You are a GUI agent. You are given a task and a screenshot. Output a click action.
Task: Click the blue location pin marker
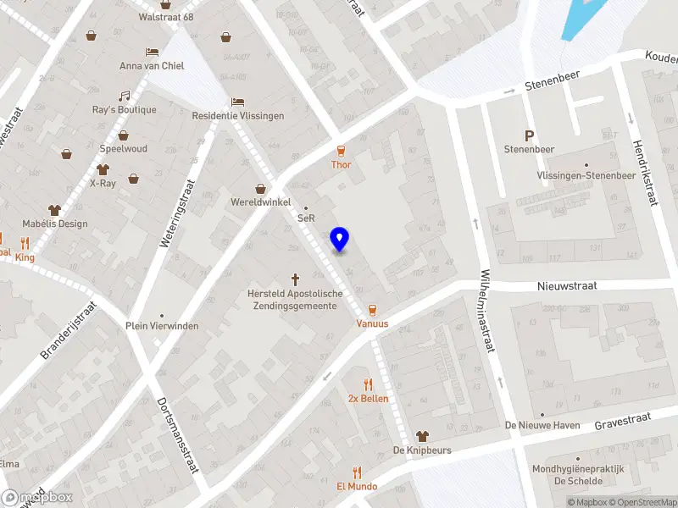point(339,239)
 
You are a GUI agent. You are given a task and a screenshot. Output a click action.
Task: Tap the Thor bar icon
point(341,151)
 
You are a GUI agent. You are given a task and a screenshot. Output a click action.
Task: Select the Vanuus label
point(372,323)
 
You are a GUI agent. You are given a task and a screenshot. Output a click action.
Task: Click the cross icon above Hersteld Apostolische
point(296,278)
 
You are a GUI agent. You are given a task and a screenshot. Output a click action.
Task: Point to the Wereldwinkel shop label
point(261,202)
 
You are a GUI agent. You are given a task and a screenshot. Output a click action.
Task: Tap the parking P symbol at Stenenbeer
point(530,135)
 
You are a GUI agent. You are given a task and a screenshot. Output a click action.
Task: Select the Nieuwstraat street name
point(567,286)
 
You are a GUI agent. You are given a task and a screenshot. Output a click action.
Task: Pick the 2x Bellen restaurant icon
point(368,384)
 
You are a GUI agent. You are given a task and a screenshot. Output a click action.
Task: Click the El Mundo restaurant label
point(357,487)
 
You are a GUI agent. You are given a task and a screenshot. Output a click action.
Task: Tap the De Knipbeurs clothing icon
point(421,435)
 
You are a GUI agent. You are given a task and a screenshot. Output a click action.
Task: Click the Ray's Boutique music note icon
point(124,96)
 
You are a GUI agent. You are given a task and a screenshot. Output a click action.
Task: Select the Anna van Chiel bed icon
point(152,52)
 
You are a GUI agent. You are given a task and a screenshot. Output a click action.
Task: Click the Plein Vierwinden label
point(162,326)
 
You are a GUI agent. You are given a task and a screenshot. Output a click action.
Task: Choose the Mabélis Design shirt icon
point(55,210)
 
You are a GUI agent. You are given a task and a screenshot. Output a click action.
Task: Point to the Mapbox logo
point(36,498)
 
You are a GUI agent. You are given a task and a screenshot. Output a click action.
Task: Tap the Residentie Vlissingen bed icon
point(238,102)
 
